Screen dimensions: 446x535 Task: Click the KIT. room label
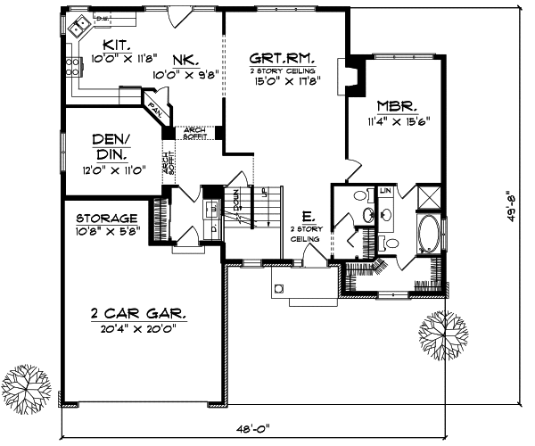click(117, 44)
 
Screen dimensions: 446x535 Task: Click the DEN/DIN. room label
click(111, 147)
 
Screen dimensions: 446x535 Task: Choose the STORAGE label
click(106, 218)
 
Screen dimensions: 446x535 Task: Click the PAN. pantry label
click(158, 111)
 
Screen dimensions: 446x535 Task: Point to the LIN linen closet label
click(386, 191)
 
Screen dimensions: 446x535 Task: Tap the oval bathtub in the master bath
click(428, 234)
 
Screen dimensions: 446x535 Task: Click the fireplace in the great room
click(352, 77)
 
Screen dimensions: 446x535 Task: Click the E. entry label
click(308, 216)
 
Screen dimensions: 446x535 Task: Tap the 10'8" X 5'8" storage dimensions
click(106, 231)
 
